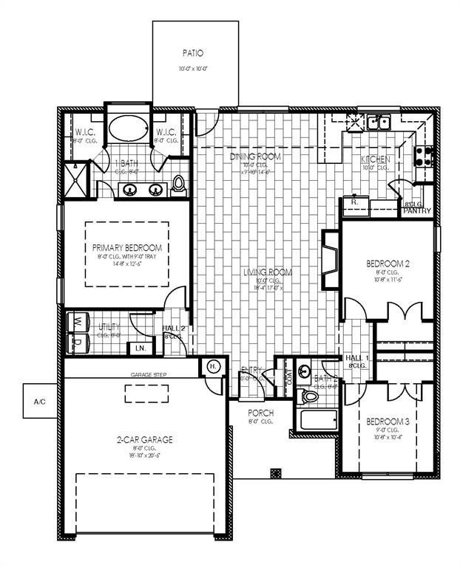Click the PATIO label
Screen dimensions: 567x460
pos(192,53)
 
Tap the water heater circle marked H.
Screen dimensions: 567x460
pos(212,367)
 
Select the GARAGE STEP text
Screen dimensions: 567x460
pos(149,375)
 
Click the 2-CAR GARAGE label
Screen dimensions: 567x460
pos(144,439)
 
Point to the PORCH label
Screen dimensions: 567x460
pos(262,413)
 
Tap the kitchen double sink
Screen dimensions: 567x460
pos(379,122)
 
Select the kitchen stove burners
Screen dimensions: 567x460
pos(424,155)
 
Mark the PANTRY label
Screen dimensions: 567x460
pos(417,211)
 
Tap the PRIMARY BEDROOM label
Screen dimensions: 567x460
pos(127,248)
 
